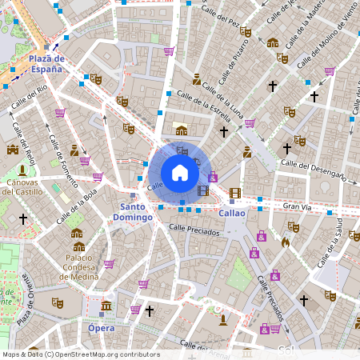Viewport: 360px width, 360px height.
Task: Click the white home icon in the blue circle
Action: [x=180, y=173]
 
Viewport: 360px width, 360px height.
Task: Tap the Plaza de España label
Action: [x=45, y=64]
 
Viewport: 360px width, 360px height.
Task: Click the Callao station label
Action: [x=231, y=213]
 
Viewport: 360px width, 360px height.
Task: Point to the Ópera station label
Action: [x=101, y=328]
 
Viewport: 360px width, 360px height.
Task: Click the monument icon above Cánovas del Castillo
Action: [x=23, y=169]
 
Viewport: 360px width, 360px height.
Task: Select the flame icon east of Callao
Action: [x=285, y=240]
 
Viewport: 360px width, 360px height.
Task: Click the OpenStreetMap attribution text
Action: [x=80, y=354]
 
